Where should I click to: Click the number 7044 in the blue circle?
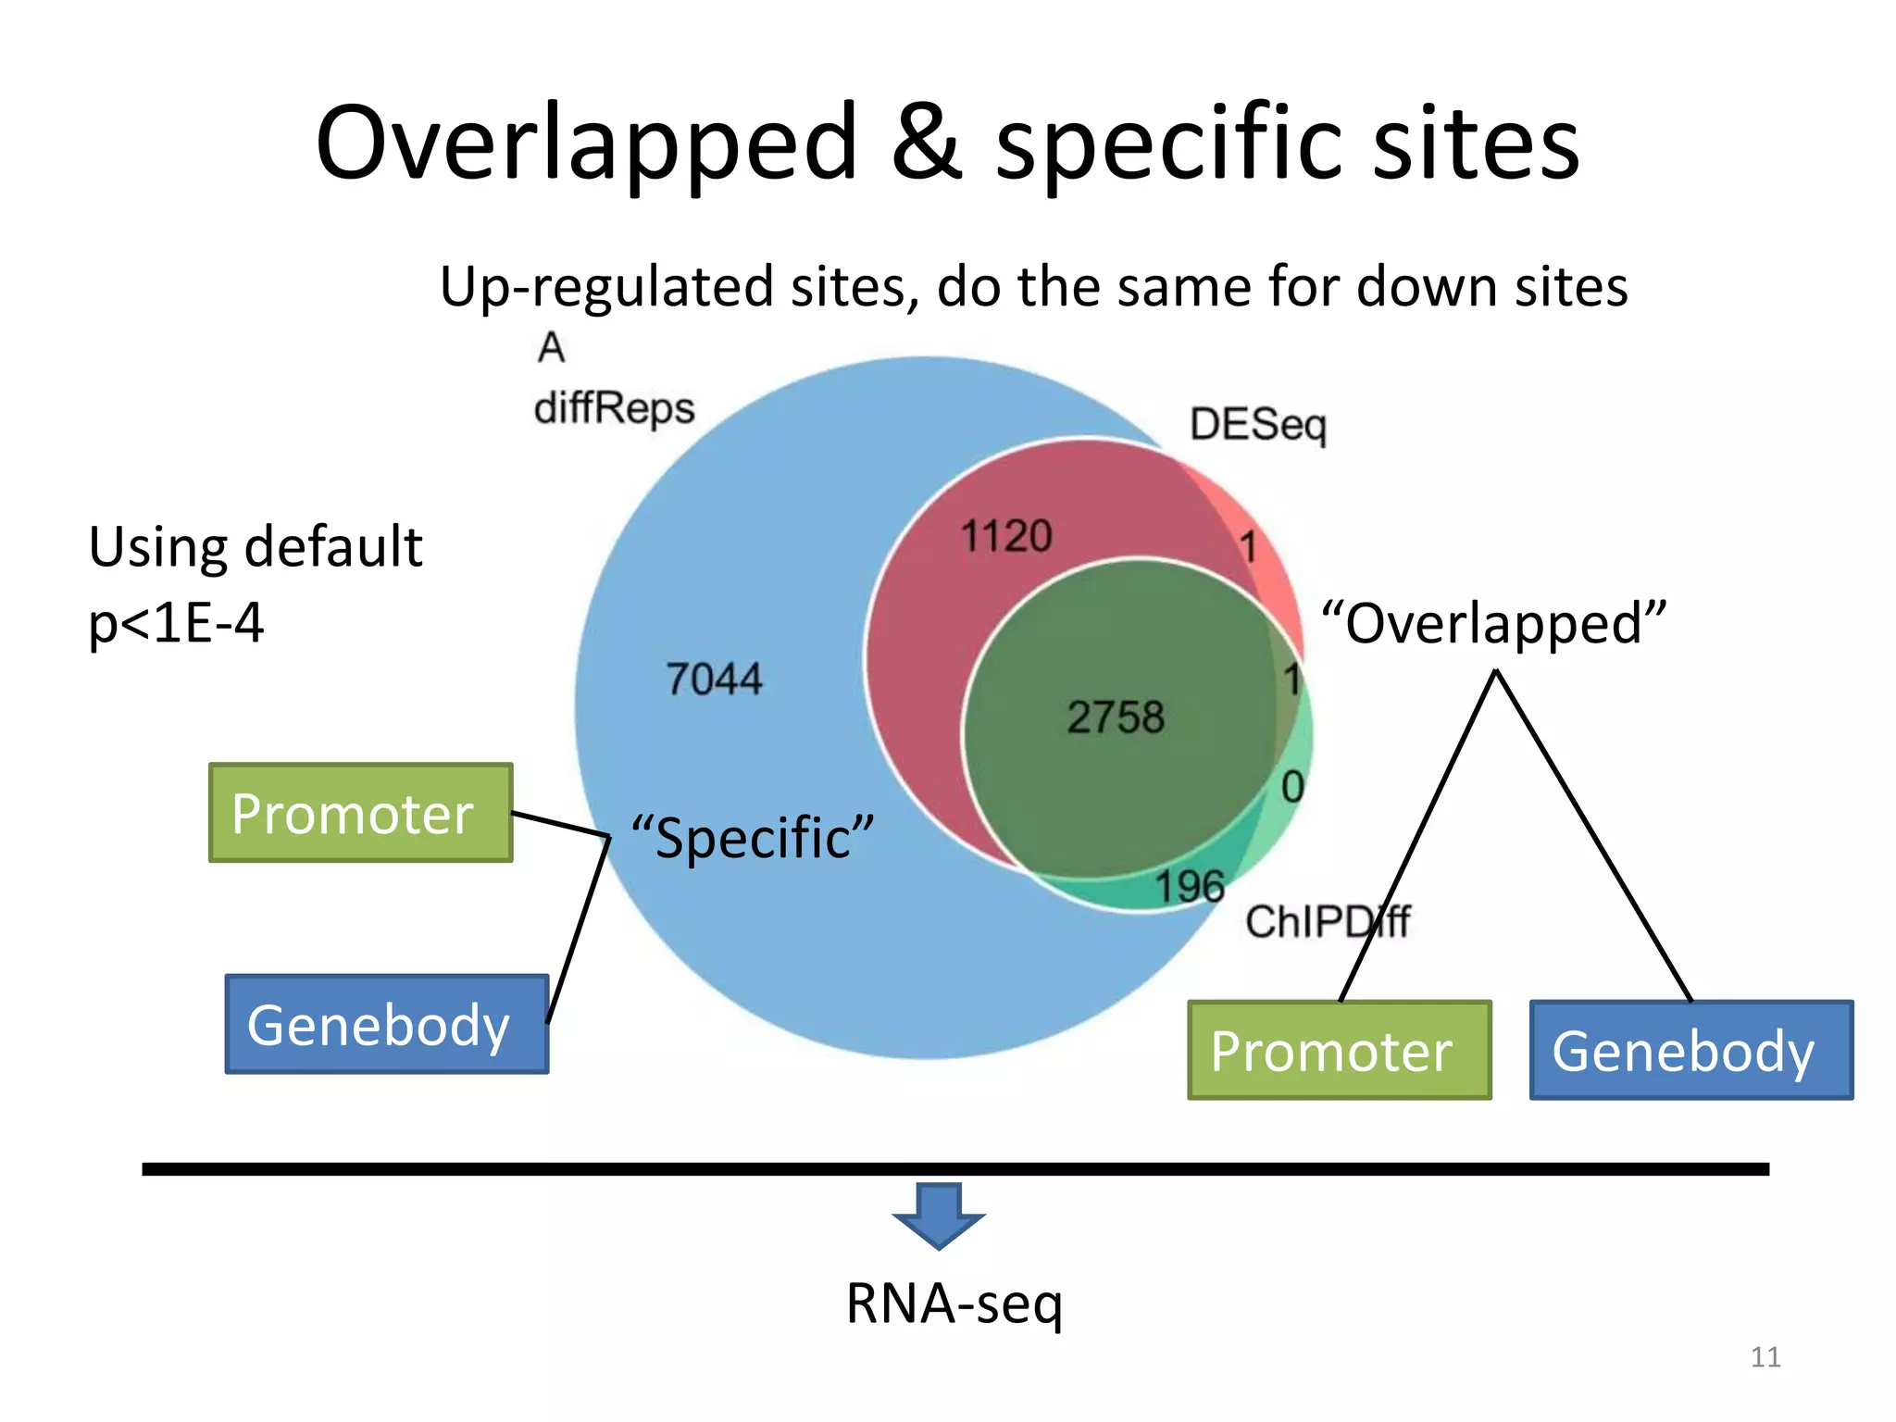pyautogui.click(x=714, y=679)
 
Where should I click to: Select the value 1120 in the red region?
pyautogui.click(x=1006, y=536)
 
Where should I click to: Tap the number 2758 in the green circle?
pyautogui.click(x=1116, y=717)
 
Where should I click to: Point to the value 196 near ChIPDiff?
pyautogui.click(x=1190, y=886)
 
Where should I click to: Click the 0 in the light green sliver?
pyautogui.click(x=1292, y=787)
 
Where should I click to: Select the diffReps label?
pyautogui.click(x=615, y=408)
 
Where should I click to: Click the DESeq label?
pyautogui.click(x=1258, y=425)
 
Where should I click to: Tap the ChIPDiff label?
pyautogui.click(x=1327, y=921)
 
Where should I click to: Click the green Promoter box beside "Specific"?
pyautogui.click(x=361, y=813)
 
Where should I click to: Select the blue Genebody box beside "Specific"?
pyautogui.click(x=387, y=1024)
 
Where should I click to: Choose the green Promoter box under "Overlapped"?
pyautogui.click(x=1339, y=1050)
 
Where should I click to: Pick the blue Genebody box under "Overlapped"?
pyautogui.click(x=1690, y=1050)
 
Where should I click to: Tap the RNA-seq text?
pyautogui.click(x=954, y=1303)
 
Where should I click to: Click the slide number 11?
pyautogui.click(x=1765, y=1357)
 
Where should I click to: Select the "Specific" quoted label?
pyautogui.click(x=753, y=838)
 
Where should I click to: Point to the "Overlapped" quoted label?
pyautogui.click(x=1493, y=623)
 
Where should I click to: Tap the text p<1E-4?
pyautogui.click(x=176, y=623)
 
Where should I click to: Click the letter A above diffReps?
pyautogui.click(x=551, y=348)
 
